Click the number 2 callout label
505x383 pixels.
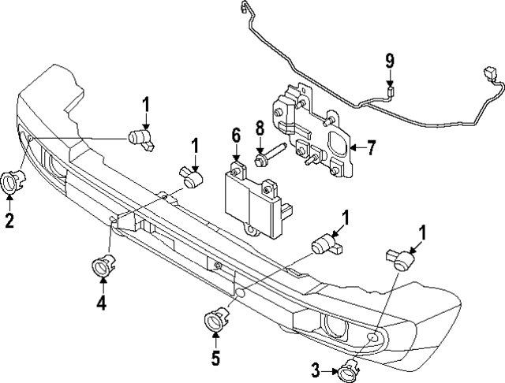click(x=9, y=221)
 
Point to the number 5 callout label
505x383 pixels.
click(x=215, y=359)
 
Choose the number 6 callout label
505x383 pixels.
click(x=235, y=136)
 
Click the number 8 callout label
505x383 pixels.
click(x=258, y=127)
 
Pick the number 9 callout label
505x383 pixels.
click(x=389, y=61)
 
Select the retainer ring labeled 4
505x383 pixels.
click(x=103, y=266)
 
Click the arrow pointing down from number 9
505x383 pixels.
click(x=389, y=77)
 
